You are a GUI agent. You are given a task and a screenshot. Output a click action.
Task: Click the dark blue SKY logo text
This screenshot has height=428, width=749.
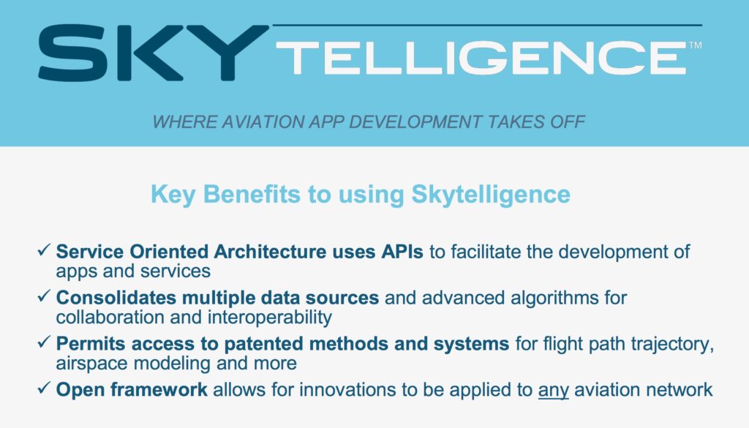point(153,53)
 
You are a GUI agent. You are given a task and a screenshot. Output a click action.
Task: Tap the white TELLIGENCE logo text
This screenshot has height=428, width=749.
point(481,59)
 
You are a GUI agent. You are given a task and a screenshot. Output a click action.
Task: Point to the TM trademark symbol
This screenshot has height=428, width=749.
point(695,45)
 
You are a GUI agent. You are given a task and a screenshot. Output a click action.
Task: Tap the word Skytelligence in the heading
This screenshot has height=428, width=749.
point(491,195)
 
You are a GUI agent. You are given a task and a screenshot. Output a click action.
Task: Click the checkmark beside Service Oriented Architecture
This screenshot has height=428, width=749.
point(44,249)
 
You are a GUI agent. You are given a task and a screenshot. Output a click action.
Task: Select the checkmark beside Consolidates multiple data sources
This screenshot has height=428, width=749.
point(44,296)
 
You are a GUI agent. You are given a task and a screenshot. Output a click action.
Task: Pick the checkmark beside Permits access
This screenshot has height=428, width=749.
point(44,342)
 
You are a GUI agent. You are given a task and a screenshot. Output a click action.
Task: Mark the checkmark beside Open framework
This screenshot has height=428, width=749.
point(44,388)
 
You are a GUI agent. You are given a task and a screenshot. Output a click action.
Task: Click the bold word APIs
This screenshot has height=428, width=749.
point(402,252)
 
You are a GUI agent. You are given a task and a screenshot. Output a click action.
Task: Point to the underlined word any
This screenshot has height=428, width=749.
point(554,390)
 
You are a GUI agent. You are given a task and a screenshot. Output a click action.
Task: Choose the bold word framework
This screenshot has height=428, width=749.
point(159,390)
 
